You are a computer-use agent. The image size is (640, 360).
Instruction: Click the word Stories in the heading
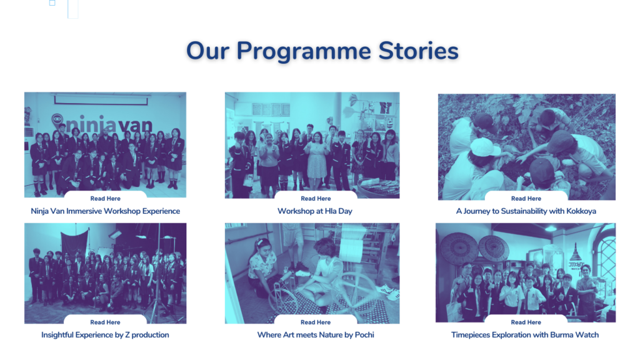(418, 51)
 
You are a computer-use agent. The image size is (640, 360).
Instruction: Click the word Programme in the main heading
(304, 52)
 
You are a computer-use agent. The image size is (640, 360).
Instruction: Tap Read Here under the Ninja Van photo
(105, 198)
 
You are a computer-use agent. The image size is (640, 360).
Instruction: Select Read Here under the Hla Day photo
(316, 198)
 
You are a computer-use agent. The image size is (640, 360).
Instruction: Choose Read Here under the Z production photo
(105, 322)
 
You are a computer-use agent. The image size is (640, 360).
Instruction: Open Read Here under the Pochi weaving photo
(316, 322)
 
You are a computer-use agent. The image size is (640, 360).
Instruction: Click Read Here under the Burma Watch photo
(526, 322)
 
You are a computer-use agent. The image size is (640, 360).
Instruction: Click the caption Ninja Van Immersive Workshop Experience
(105, 211)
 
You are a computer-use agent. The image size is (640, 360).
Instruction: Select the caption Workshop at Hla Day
(315, 211)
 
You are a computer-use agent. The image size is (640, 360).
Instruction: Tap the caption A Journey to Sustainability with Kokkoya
(526, 211)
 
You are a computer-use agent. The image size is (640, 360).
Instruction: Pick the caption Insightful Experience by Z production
(105, 335)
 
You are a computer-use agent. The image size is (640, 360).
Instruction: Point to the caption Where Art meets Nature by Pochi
(316, 335)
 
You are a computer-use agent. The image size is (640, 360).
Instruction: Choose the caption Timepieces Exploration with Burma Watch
(525, 335)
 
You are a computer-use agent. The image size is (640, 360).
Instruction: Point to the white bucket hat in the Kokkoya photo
(485, 147)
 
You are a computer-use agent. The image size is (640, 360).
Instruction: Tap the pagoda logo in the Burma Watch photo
(576, 255)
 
